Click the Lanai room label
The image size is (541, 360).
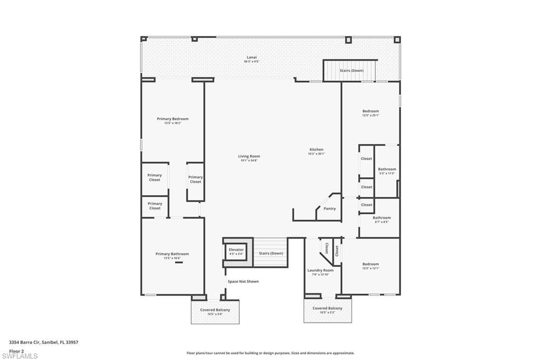[x=251, y=57]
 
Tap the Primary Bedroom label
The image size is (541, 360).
[x=172, y=119]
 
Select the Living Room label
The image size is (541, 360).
[x=249, y=156]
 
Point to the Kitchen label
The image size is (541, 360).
[x=316, y=150]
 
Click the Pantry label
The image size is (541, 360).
[x=329, y=209]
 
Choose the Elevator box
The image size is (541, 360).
[x=236, y=251]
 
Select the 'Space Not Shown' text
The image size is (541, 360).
[x=243, y=281]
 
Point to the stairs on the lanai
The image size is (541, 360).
[x=351, y=70]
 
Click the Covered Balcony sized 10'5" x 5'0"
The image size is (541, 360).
[x=214, y=311]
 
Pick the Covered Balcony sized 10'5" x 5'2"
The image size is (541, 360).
[x=327, y=310]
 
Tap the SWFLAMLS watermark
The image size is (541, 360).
[x=20, y=356]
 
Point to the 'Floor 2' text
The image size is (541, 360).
[x=17, y=350]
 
